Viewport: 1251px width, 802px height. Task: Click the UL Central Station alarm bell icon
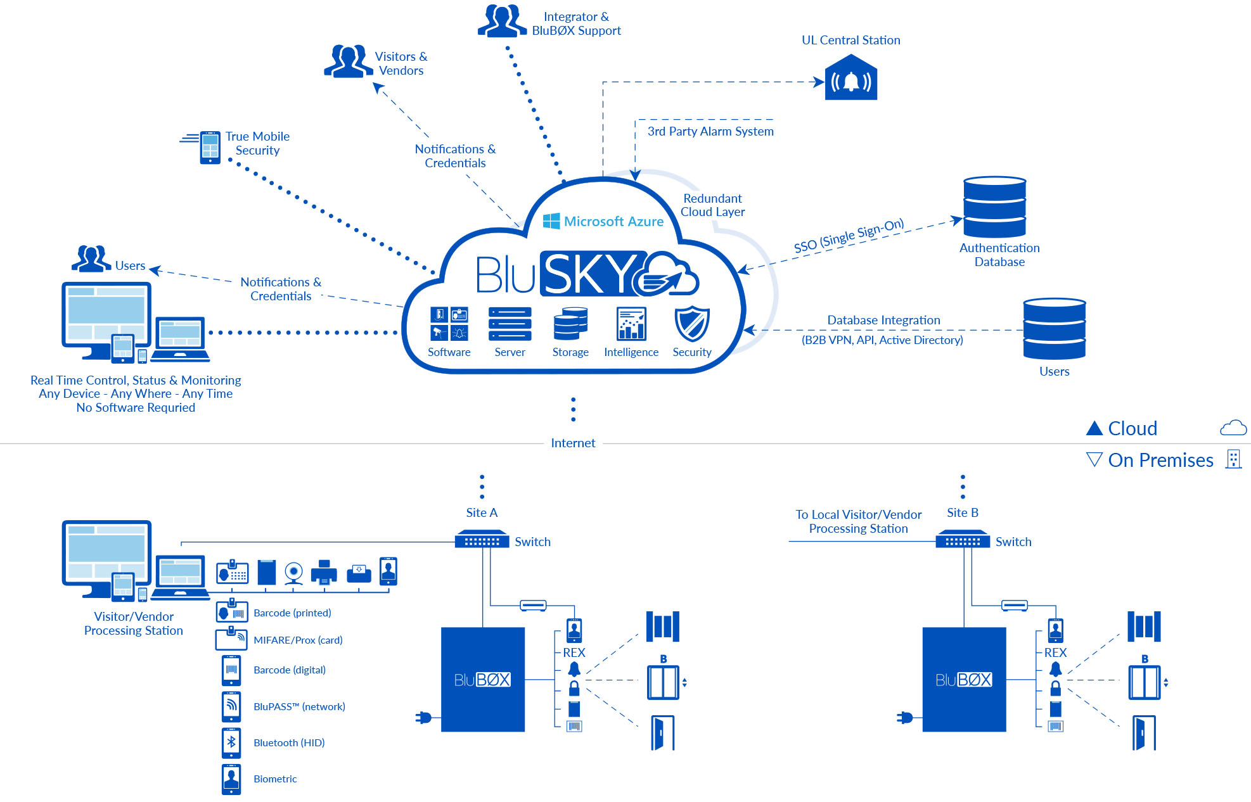[x=850, y=79]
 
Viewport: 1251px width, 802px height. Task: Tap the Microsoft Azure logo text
[x=613, y=221]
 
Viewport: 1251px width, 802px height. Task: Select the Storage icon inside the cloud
[x=570, y=324]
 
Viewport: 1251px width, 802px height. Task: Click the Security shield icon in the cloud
[x=691, y=324]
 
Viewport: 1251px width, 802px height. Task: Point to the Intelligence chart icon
[x=631, y=324]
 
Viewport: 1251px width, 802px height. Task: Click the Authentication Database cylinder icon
[x=994, y=208]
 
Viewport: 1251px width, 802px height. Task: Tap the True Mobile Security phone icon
[x=210, y=147]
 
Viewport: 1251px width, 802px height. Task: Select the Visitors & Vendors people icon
[x=348, y=61]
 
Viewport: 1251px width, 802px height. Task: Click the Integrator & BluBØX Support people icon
[x=501, y=21]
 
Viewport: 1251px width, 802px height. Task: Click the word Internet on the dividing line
[x=573, y=443]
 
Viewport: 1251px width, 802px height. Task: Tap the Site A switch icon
[x=482, y=541]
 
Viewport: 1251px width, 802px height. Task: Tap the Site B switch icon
[x=963, y=541]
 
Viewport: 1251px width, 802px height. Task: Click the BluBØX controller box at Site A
[x=482, y=679]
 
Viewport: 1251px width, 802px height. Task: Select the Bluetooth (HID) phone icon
[x=231, y=742]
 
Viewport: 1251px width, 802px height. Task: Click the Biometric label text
[x=275, y=779]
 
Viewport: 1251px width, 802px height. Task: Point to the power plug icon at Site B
[x=905, y=718]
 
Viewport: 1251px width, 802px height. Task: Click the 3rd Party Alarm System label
[x=710, y=131]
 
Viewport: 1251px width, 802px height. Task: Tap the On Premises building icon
[x=1233, y=459]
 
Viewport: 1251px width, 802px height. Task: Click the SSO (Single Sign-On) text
[x=849, y=236]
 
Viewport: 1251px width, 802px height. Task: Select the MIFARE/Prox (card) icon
[x=231, y=639]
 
